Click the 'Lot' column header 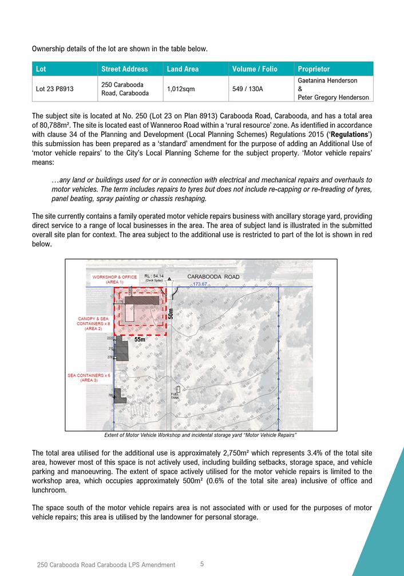(41, 69)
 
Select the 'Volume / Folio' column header (254, 69)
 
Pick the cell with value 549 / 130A (248, 89)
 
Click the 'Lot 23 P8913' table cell (56, 89)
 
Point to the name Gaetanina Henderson (327, 81)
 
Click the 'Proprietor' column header (314, 69)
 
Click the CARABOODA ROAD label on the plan (213, 276)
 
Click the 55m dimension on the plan (140, 340)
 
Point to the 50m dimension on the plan (171, 314)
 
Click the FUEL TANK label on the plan (175, 396)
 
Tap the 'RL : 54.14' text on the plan (154, 276)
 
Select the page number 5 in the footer (202, 564)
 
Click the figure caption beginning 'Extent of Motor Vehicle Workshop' (201, 435)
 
